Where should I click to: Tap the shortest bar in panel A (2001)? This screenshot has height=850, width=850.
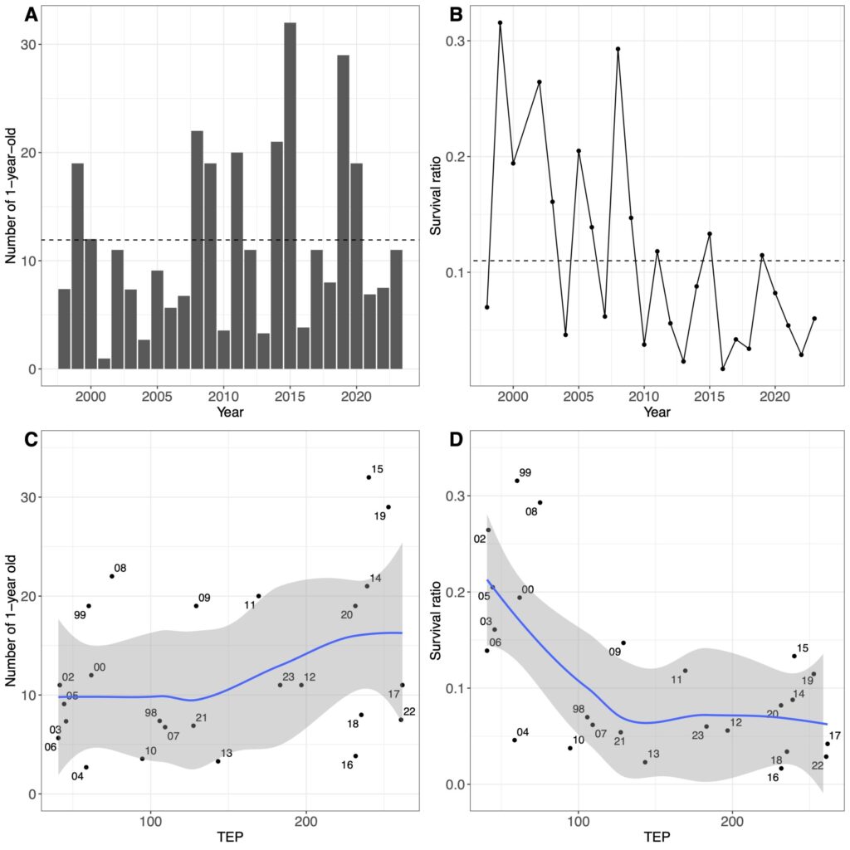(x=104, y=364)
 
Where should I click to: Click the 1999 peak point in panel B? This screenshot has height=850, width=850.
(x=500, y=22)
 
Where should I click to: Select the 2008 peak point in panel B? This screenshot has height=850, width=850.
(x=618, y=49)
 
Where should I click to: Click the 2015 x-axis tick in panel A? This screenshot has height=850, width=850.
(x=290, y=385)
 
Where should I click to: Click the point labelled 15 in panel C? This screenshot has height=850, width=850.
(x=369, y=477)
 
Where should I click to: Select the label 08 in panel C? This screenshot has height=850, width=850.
(x=120, y=568)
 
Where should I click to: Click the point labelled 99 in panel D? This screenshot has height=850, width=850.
(x=516, y=481)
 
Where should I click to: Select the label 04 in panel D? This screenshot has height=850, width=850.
(x=522, y=732)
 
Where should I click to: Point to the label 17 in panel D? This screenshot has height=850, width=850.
(x=834, y=735)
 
